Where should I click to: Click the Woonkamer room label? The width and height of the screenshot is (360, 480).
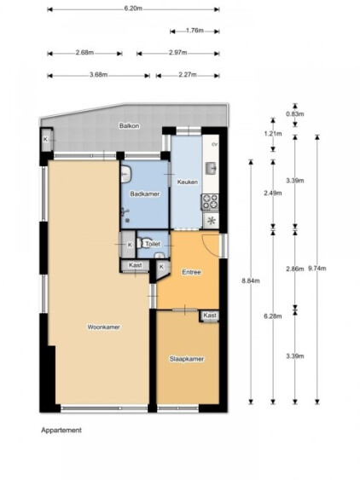point(103,327)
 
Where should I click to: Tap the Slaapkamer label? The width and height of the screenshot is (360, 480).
point(187,359)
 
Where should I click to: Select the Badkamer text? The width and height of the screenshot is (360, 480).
point(145,194)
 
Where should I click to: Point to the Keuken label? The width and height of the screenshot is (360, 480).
point(187,182)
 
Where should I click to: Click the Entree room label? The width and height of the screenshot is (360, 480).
point(191,272)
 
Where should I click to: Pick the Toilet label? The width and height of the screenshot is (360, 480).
point(153,244)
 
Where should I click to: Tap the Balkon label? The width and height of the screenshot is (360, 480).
point(130,126)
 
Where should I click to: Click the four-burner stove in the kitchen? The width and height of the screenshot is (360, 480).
point(210,202)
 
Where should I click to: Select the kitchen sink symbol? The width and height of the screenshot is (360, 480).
point(211,168)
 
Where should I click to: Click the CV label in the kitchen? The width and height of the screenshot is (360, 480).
point(214,144)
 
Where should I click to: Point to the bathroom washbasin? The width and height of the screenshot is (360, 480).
point(125,174)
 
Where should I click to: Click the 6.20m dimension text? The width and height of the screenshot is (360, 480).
point(133,9)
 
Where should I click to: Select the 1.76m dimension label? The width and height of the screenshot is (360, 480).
point(195,31)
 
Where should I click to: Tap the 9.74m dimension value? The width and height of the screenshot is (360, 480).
point(317,269)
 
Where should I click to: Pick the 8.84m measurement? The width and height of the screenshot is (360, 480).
point(251,280)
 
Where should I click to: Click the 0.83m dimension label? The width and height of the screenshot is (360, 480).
point(295,114)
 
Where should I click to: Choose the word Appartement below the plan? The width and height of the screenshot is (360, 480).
point(61,430)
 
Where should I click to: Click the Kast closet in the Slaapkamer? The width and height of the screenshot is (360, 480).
point(210,316)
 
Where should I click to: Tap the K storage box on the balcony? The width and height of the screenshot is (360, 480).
point(46,140)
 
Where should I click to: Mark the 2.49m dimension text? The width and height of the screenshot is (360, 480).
point(273,194)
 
